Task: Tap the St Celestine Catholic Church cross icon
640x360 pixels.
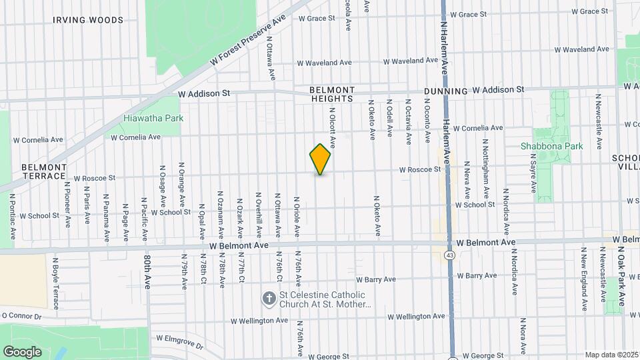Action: tap(269, 299)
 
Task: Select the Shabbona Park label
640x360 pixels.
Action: tap(551, 146)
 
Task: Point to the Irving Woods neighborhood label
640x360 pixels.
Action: tap(88, 20)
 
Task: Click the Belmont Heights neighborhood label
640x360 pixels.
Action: tap(332, 94)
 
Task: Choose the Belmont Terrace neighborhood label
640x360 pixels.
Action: tap(44, 171)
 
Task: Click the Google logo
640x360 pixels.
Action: tap(22, 351)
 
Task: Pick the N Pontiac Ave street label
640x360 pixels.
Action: tap(12, 217)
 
